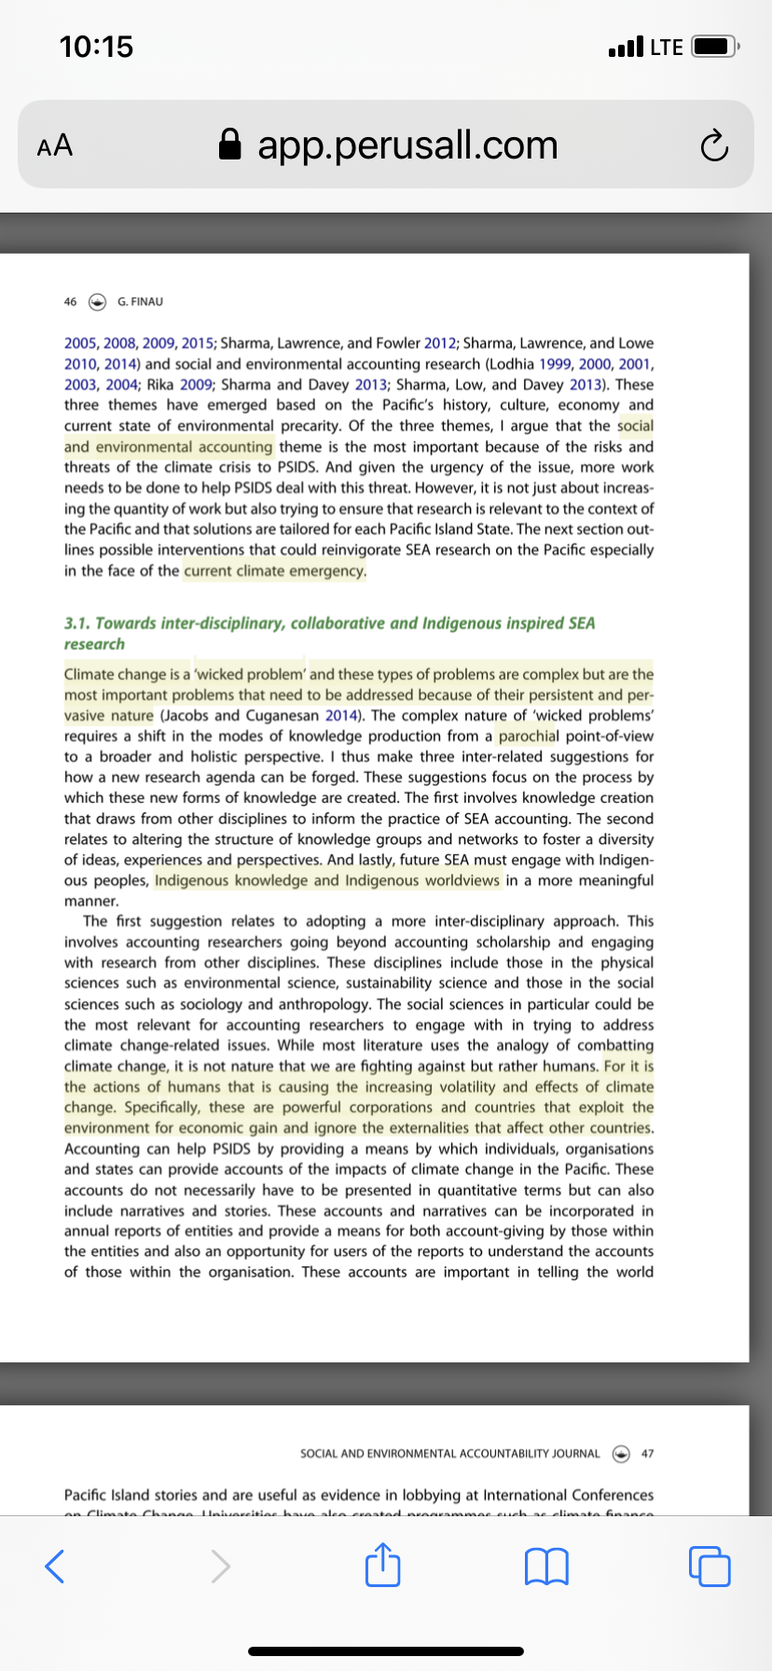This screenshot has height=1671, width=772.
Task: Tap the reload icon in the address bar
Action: [714, 146]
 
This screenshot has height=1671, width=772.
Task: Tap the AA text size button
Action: [54, 145]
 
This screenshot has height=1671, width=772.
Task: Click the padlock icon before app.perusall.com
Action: [229, 145]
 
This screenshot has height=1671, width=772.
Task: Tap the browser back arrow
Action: [55, 1566]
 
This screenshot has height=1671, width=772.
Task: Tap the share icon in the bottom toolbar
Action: [382, 1564]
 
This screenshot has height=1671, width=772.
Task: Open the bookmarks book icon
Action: [546, 1566]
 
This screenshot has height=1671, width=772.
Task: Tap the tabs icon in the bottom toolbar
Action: [710, 1566]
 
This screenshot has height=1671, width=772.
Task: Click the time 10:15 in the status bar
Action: [96, 47]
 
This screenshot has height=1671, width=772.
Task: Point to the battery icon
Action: [715, 47]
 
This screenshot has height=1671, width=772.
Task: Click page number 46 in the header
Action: [70, 301]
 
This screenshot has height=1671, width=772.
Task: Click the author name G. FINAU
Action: [140, 301]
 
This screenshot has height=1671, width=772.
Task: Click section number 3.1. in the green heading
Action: [77, 623]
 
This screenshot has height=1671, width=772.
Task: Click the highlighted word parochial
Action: [528, 736]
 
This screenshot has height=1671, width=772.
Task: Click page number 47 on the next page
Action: [648, 1453]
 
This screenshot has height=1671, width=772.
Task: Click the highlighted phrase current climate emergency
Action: [275, 571]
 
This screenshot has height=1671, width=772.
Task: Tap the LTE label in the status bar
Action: [666, 47]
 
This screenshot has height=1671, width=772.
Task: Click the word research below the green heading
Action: [94, 644]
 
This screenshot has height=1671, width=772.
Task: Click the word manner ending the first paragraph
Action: [90, 901]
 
